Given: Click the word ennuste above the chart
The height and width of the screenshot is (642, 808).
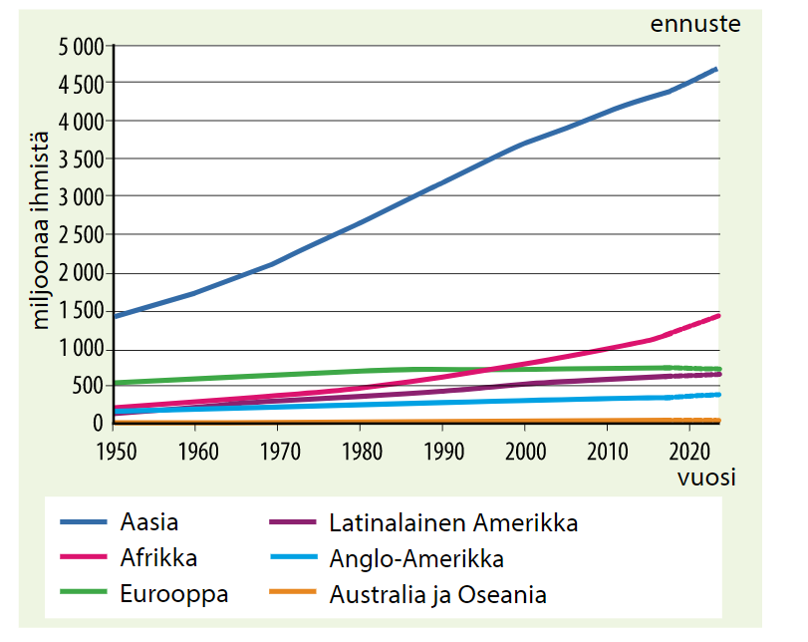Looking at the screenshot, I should click(695, 23).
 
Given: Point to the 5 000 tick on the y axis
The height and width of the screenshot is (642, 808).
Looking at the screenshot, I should click(82, 47).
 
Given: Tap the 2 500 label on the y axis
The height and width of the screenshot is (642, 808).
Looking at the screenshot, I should click(82, 235).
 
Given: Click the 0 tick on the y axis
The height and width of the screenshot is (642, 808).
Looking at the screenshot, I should click(97, 424).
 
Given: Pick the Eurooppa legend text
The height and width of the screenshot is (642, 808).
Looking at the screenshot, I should click(174, 595).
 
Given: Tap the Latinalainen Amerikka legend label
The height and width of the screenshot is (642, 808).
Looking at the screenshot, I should click(453, 521).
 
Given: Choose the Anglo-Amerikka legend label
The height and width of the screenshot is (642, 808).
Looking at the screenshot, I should click(415, 558).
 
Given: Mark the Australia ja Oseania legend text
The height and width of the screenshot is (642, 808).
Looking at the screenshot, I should click(437, 595).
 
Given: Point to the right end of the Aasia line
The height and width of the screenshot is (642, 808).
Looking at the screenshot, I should click(715, 70).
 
